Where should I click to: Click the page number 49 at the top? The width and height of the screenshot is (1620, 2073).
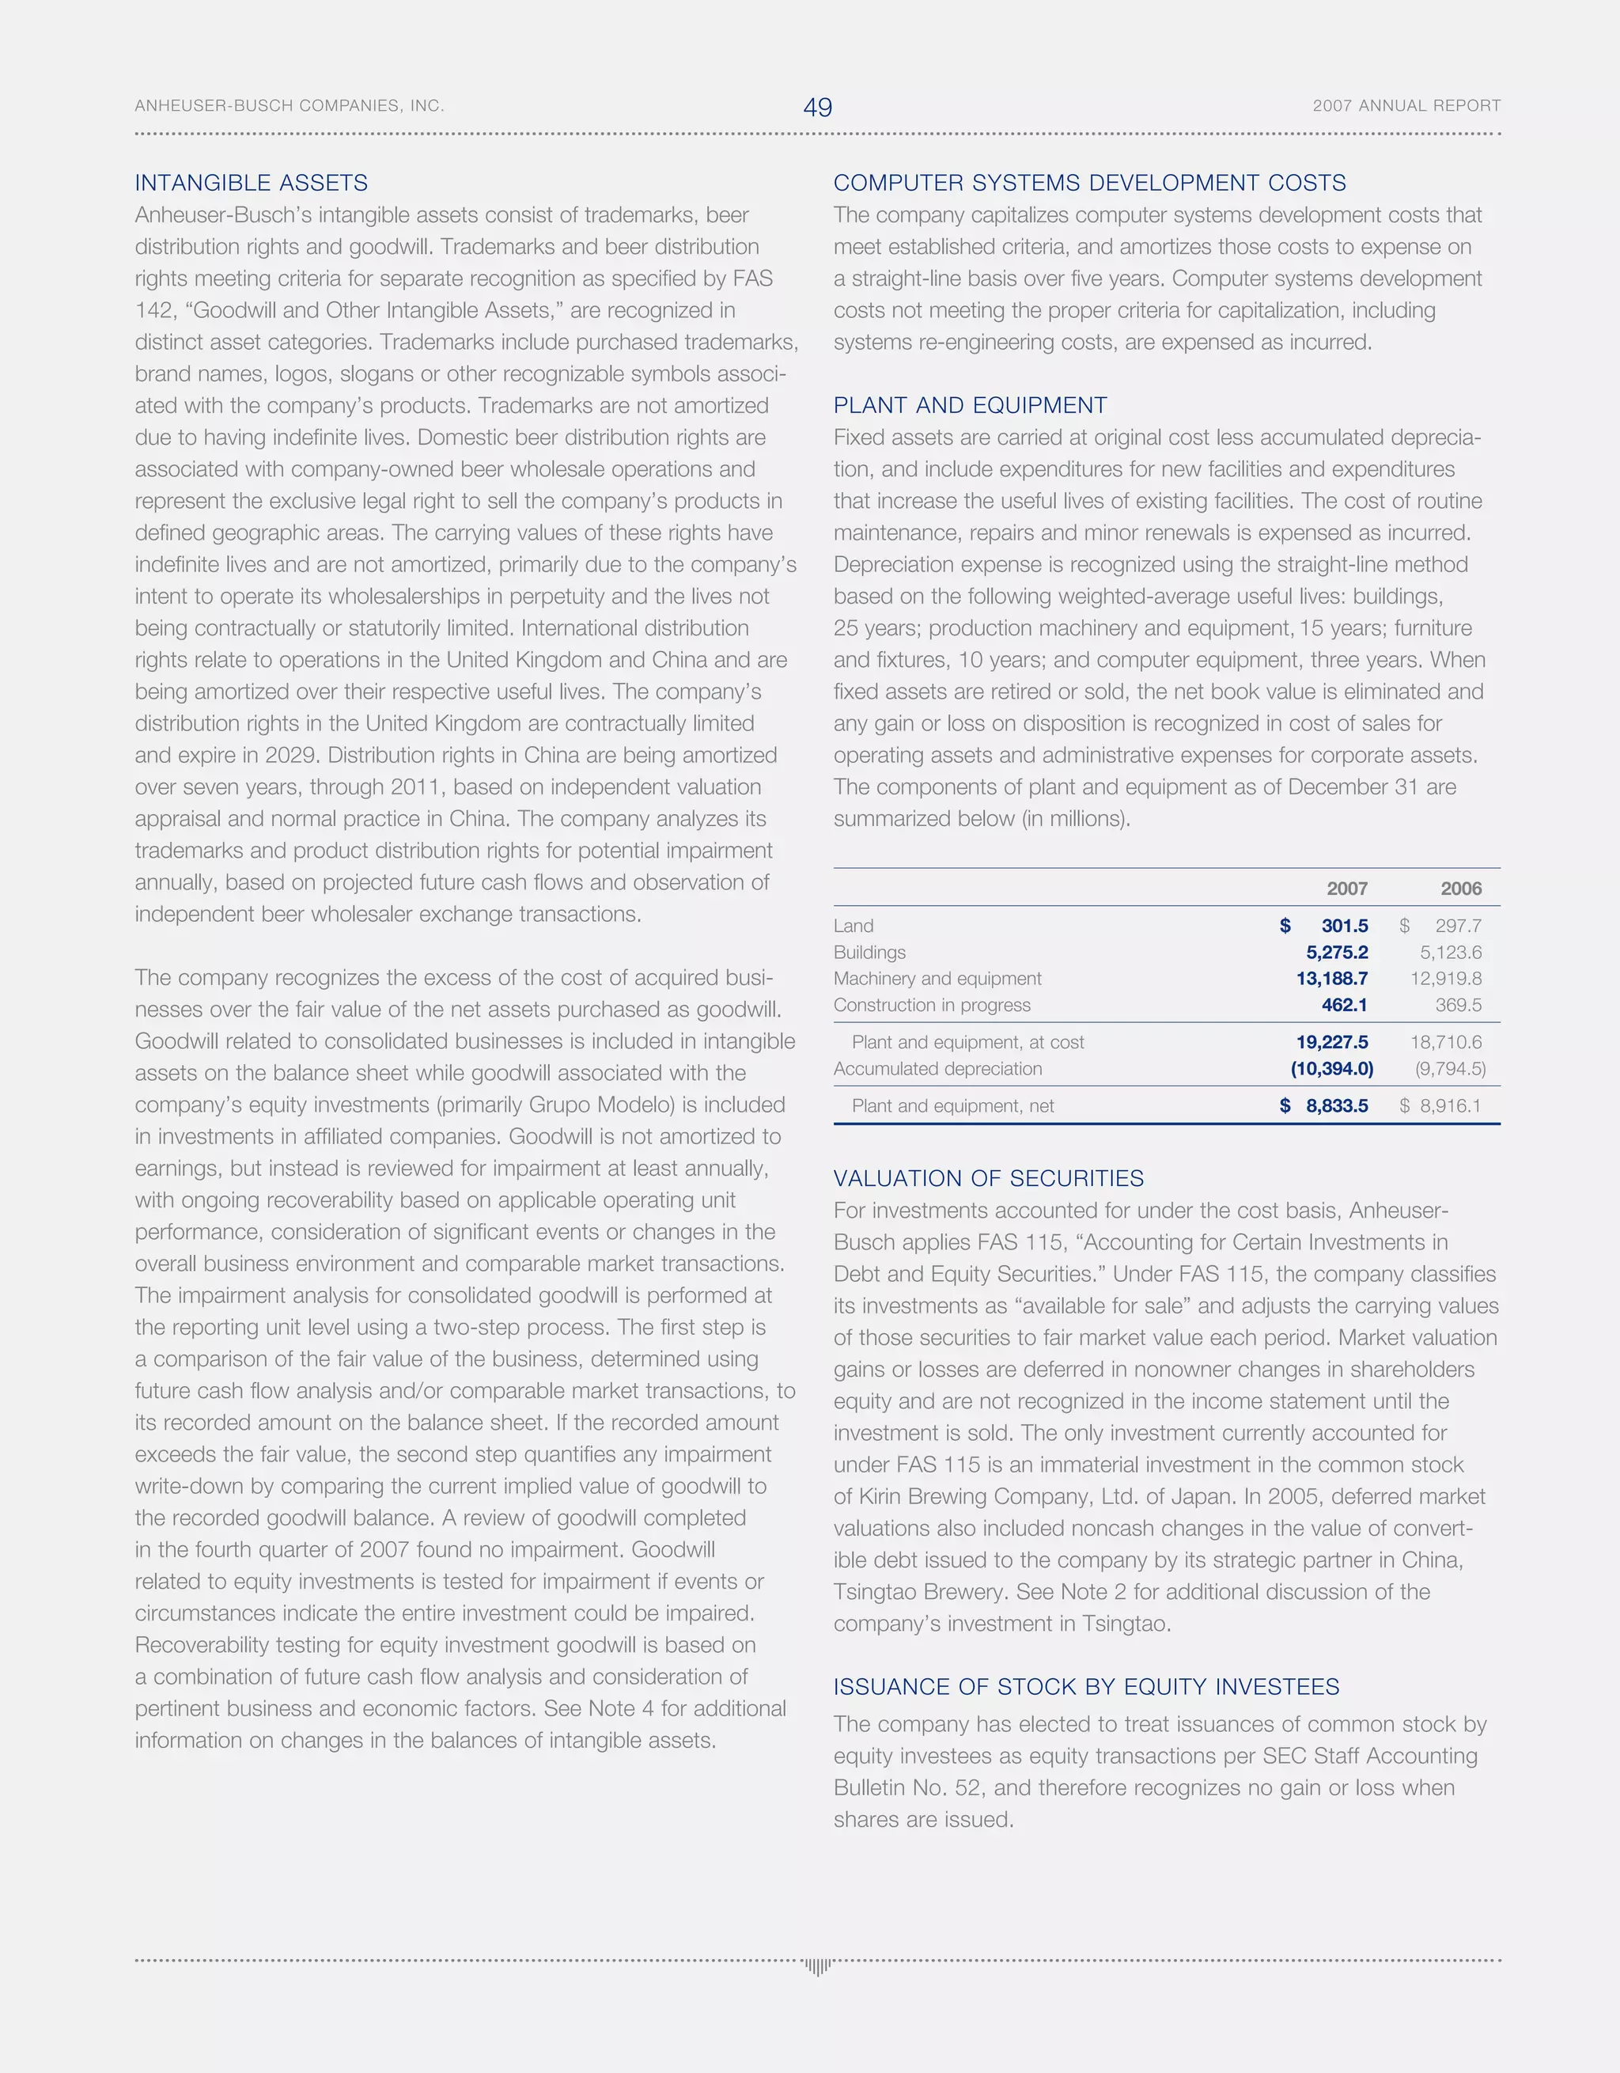[817, 108]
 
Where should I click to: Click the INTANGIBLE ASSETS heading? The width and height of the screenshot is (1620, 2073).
[252, 184]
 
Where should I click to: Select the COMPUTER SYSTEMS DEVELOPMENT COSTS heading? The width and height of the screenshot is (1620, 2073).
[1089, 184]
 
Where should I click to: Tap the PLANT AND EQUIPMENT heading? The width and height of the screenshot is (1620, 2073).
[970, 405]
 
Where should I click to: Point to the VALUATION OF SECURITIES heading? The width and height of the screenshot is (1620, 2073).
[988, 1178]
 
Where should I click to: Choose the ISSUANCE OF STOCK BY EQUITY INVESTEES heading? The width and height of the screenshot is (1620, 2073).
[1086, 1687]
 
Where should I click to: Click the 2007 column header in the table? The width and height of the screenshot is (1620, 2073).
[1346, 889]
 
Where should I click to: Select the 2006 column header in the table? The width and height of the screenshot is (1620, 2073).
[1460, 889]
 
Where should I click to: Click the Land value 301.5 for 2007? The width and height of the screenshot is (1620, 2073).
[1344, 926]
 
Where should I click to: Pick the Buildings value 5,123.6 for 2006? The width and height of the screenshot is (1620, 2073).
[1450, 952]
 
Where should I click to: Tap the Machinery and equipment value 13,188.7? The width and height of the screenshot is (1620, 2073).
[1331, 979]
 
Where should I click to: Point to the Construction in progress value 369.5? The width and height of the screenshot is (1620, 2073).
[1458, 1004]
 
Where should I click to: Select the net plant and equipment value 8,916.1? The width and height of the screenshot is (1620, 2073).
[1450, 1106]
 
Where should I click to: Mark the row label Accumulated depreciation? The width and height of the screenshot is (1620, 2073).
[937, 1069]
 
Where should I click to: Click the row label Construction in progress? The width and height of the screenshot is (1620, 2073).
[932, 1004]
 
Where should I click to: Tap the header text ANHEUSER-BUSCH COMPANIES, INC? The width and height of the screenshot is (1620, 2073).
[290, 105]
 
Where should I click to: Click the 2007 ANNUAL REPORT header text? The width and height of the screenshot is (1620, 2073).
[1406, 105]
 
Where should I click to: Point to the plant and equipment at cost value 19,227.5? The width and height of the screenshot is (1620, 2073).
[1331, 1042]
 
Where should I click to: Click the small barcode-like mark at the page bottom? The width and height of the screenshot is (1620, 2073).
[817, 1965]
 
